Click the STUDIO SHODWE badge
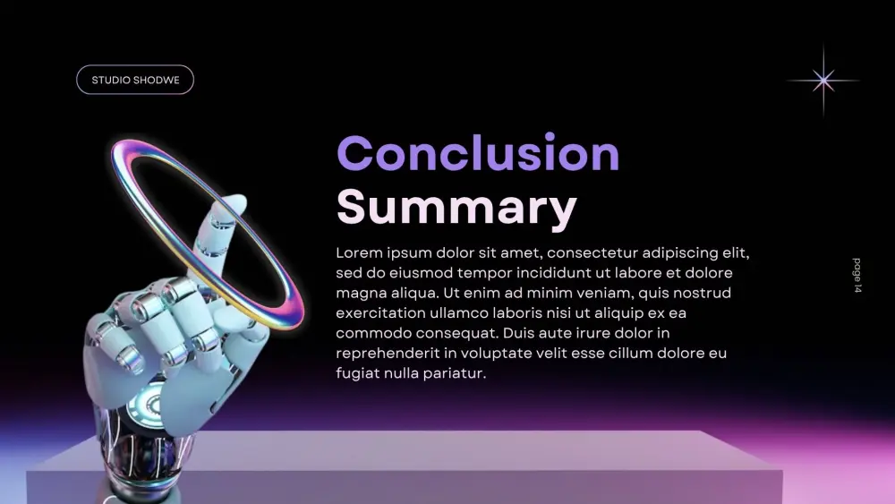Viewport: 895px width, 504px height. point(135,80)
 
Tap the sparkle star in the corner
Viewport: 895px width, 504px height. point(823,81)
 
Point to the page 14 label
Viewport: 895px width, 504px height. point(857,276)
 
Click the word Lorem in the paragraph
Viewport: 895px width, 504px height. point(357,252)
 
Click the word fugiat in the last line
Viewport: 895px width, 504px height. point(357,373)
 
